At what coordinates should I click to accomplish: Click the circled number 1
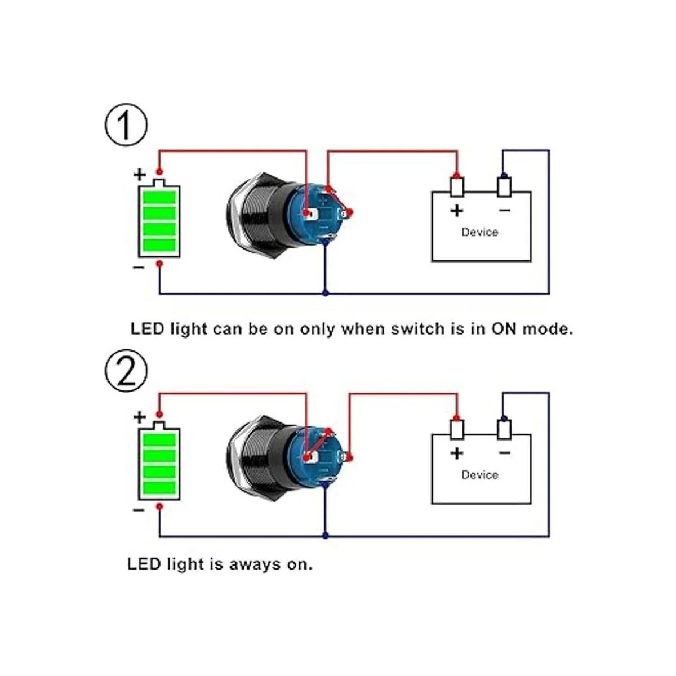click(126, 125)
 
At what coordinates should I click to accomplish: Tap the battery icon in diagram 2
click(159, 463)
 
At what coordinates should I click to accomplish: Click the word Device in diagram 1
click(479, 232)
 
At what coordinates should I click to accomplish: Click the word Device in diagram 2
click(479, 475)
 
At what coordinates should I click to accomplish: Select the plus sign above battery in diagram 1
click(139, 174)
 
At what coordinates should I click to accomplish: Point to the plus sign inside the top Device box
click(457, 211)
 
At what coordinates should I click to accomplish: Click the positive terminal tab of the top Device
click(457, 186)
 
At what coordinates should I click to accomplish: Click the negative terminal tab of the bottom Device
click(504, 429)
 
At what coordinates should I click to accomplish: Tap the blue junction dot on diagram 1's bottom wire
click(324, 293)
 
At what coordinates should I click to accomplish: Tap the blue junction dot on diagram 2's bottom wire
click(324, 536)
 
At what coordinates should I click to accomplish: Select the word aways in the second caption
click(255, 564)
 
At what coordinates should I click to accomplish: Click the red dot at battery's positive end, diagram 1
click(159, 171)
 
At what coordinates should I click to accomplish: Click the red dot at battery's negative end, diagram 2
click(159, 507)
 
